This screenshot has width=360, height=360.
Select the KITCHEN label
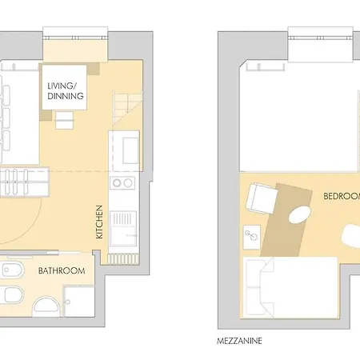pos(100,222)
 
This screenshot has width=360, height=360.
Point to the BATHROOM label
pos(62,271)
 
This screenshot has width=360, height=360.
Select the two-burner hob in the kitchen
pos(123,183)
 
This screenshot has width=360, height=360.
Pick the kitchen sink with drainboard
pos(123,227)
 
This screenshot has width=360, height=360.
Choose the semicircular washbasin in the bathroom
pos(45,305)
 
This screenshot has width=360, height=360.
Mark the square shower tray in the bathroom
pos(80,300)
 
